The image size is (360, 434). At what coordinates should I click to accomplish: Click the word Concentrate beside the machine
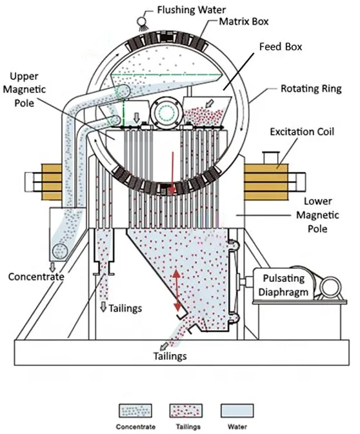pyautogui.click(x=36, y=277)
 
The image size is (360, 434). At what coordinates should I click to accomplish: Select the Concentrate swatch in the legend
pyautogui.click(x=135, y=411)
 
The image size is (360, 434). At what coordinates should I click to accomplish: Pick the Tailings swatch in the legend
pyautogui.click(x=185, y=411)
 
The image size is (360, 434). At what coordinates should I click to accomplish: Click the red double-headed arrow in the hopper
pyautogui.click(x=177, y=290)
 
